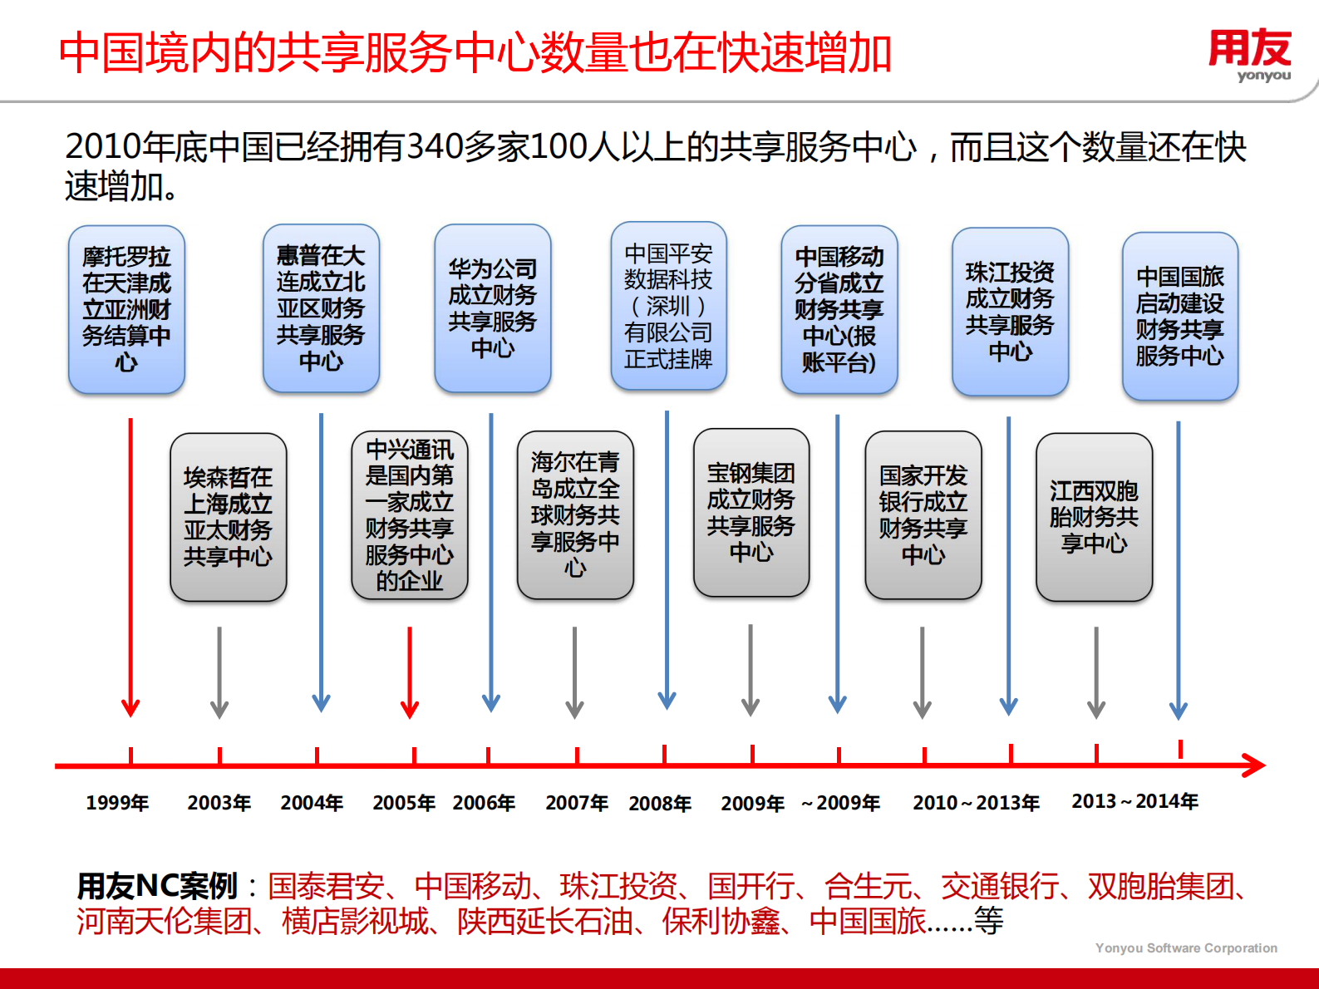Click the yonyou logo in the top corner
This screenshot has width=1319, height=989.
1250,55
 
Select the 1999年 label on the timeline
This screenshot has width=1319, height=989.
117,803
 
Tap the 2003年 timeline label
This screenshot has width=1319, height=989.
219,803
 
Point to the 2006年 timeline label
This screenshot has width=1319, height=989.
484,803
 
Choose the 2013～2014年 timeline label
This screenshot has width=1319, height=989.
1134,801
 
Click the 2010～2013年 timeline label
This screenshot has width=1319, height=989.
976,803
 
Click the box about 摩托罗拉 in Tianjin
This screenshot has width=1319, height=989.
126,309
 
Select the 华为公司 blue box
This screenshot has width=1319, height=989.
493,308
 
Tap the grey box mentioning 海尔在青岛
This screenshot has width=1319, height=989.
575,514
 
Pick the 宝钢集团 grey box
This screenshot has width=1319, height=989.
751,513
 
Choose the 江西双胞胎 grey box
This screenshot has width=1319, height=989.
1094,517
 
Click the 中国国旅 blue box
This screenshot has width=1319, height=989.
1179,316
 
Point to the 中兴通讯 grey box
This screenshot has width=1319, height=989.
410,515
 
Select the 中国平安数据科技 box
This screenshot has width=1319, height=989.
668,306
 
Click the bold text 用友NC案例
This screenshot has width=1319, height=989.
158,886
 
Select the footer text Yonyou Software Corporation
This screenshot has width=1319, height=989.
1186,947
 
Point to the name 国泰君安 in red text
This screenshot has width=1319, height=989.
326,886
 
